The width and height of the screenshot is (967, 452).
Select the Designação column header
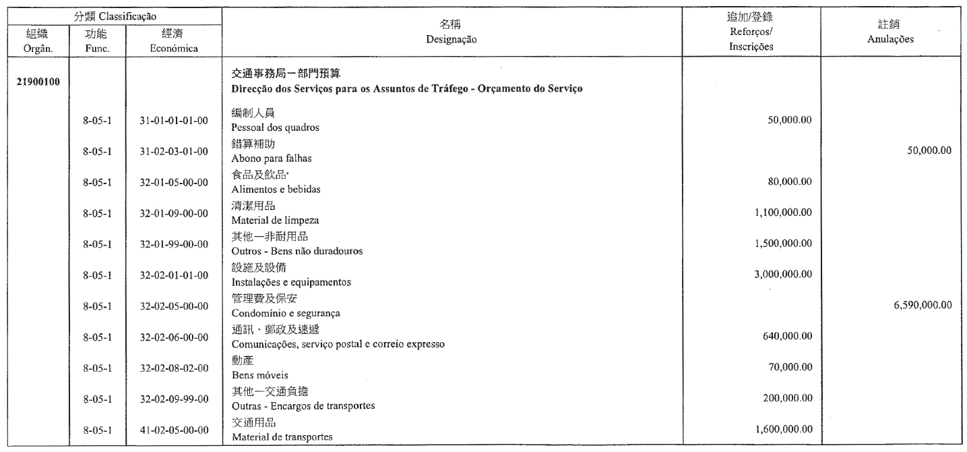tap(451, 40)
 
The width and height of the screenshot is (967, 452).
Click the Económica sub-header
tap(174, 49)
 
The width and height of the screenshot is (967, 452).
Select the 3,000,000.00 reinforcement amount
tap(780, 274)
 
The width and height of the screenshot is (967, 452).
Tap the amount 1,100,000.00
tap(780, 213)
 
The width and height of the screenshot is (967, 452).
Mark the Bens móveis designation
tap(255, 375)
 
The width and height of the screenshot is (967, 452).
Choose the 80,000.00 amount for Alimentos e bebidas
tap(790, 181)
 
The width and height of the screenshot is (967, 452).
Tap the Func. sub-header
tap(96, 49)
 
